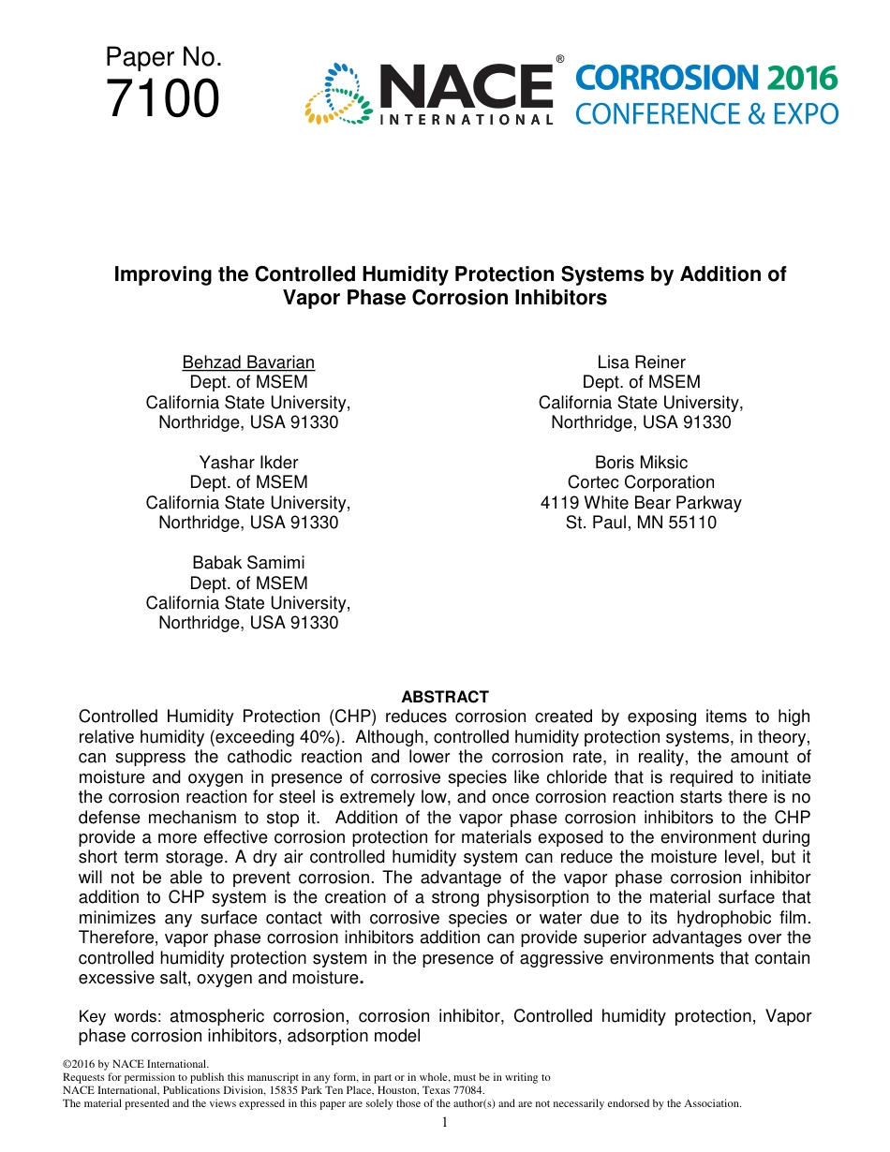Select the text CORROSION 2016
click(x=706, y=79)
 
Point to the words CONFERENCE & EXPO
click(x=706, y=114)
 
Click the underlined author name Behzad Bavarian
click(x=248, y=362)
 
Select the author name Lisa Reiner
click(x=641, y=362)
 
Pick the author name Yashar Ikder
click(x=248, y=463)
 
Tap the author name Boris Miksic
click(x=641, y=463)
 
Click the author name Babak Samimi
click(x=248, y=563)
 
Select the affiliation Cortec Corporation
click(x=641, y=482)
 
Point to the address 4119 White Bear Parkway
click(x=641, y=503)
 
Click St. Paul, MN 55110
click(x=641, y=523)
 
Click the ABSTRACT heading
click(x=445, y=697)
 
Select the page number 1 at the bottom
click(x=445, y=1122)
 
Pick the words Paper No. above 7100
click(x=163, y=58)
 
